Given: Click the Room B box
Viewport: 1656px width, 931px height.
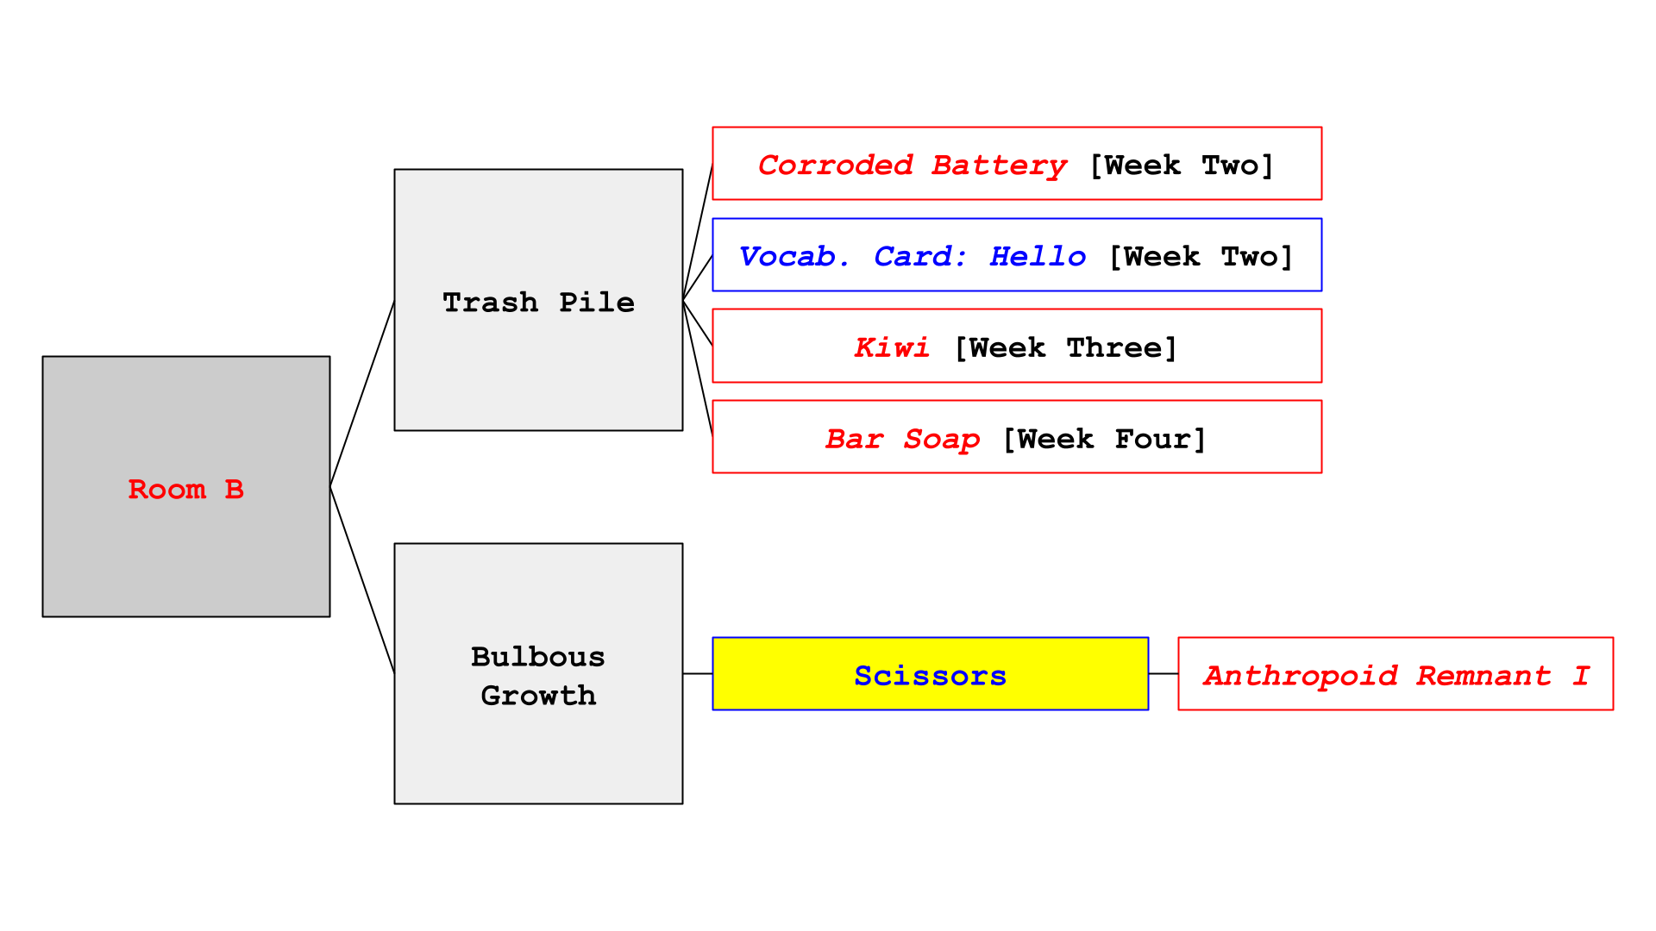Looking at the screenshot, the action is [186, 486].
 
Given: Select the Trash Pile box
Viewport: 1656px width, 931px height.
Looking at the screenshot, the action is [538, 300].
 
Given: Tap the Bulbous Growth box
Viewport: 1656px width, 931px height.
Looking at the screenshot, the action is [538, 673].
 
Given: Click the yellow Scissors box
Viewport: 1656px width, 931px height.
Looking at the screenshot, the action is [930, 673].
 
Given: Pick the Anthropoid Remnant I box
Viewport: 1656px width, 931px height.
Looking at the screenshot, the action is [1396, 673].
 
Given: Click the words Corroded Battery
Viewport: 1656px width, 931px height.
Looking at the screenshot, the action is [913, 166].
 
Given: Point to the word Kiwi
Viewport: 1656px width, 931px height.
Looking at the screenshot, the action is [892, 347].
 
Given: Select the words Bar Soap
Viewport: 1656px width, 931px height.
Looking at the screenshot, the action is [902, 440].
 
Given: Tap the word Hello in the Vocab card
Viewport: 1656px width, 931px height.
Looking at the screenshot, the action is [1038, 256].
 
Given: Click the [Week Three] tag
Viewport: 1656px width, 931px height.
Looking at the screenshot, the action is [1066, 348].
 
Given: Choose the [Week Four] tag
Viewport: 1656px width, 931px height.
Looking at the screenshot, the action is [1104, 440].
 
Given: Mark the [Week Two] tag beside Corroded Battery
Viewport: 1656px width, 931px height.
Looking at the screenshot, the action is [1182, 166].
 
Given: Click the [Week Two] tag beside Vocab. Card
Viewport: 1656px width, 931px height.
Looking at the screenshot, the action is [1201, 257].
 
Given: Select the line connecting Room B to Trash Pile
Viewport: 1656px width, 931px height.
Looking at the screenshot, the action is [362, 393].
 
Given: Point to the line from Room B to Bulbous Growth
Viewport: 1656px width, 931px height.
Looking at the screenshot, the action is [362, 580].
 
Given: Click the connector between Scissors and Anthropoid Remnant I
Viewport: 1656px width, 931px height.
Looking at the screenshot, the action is [1164, 673].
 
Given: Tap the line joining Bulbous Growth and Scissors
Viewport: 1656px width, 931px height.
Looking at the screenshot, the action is [698, 673].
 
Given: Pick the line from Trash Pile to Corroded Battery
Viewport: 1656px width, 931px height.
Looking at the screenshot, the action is [698, 232].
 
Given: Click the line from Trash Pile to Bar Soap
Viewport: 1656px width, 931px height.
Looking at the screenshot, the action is [698, 368].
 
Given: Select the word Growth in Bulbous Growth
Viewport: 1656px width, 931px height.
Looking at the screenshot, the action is [538, 695].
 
